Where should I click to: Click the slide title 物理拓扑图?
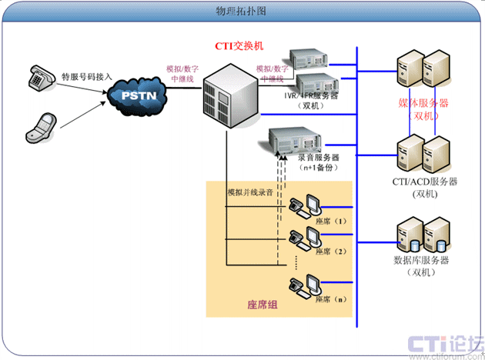(242, 12)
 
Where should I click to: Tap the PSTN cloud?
(140, 95)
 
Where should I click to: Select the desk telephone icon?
(38, 75)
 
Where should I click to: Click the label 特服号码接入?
(87, 77)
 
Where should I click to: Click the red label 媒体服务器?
(423, 104)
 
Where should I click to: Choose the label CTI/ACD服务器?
(424, 183)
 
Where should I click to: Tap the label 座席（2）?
(333, 252)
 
